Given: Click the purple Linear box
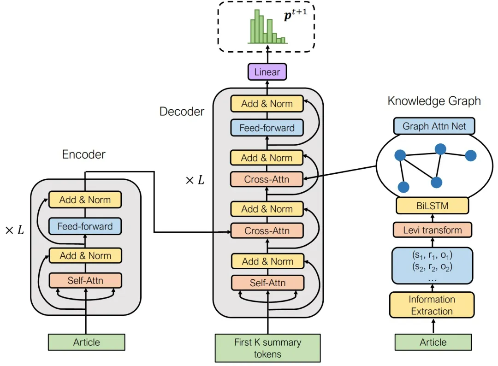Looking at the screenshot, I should point(267,72).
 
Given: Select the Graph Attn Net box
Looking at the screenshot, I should point(434,126).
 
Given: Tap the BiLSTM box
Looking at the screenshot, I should point(432,206).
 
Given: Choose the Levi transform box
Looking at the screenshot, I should point(432,230).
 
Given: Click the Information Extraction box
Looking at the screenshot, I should point(432,305).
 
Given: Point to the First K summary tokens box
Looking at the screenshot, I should point(267,348).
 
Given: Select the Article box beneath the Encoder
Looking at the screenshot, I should point(86,342).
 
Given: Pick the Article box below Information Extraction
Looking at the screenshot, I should point(433,342).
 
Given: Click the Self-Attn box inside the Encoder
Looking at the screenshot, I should point(85,280).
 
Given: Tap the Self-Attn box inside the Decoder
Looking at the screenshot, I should point(267,283).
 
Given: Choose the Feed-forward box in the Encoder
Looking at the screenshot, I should point(85,226).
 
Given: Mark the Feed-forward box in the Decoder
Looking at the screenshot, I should point(267,128).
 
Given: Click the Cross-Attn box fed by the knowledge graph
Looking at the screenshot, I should point(267,179).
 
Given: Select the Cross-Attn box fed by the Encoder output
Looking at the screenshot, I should point(267,230).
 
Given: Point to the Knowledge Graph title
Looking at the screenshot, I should point(434,101).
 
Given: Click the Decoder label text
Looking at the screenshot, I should point(182,112).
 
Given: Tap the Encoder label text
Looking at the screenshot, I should point(83,154).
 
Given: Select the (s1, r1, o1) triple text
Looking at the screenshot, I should point(432,255).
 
